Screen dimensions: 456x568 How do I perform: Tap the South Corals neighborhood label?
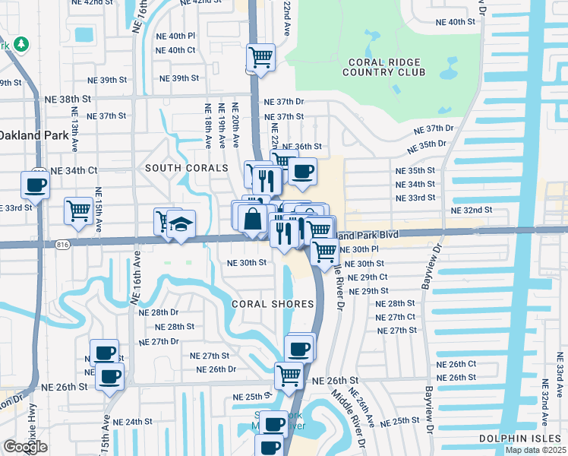[x=186, y=168]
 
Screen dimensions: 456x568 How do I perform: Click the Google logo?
[x=24, y=447]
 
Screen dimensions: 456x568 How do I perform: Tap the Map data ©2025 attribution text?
[x=535, y=450]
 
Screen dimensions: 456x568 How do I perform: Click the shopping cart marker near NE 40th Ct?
[x=260, y=56]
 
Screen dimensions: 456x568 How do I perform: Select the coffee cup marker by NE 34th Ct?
[x=36, y=183]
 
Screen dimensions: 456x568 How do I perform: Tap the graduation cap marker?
[x=181, y=224]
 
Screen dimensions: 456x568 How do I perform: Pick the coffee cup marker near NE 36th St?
[x=302, y=171]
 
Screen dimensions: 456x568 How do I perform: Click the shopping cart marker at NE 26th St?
[x=289, y=375]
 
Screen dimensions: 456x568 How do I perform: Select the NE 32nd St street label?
[x=472, y=210]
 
